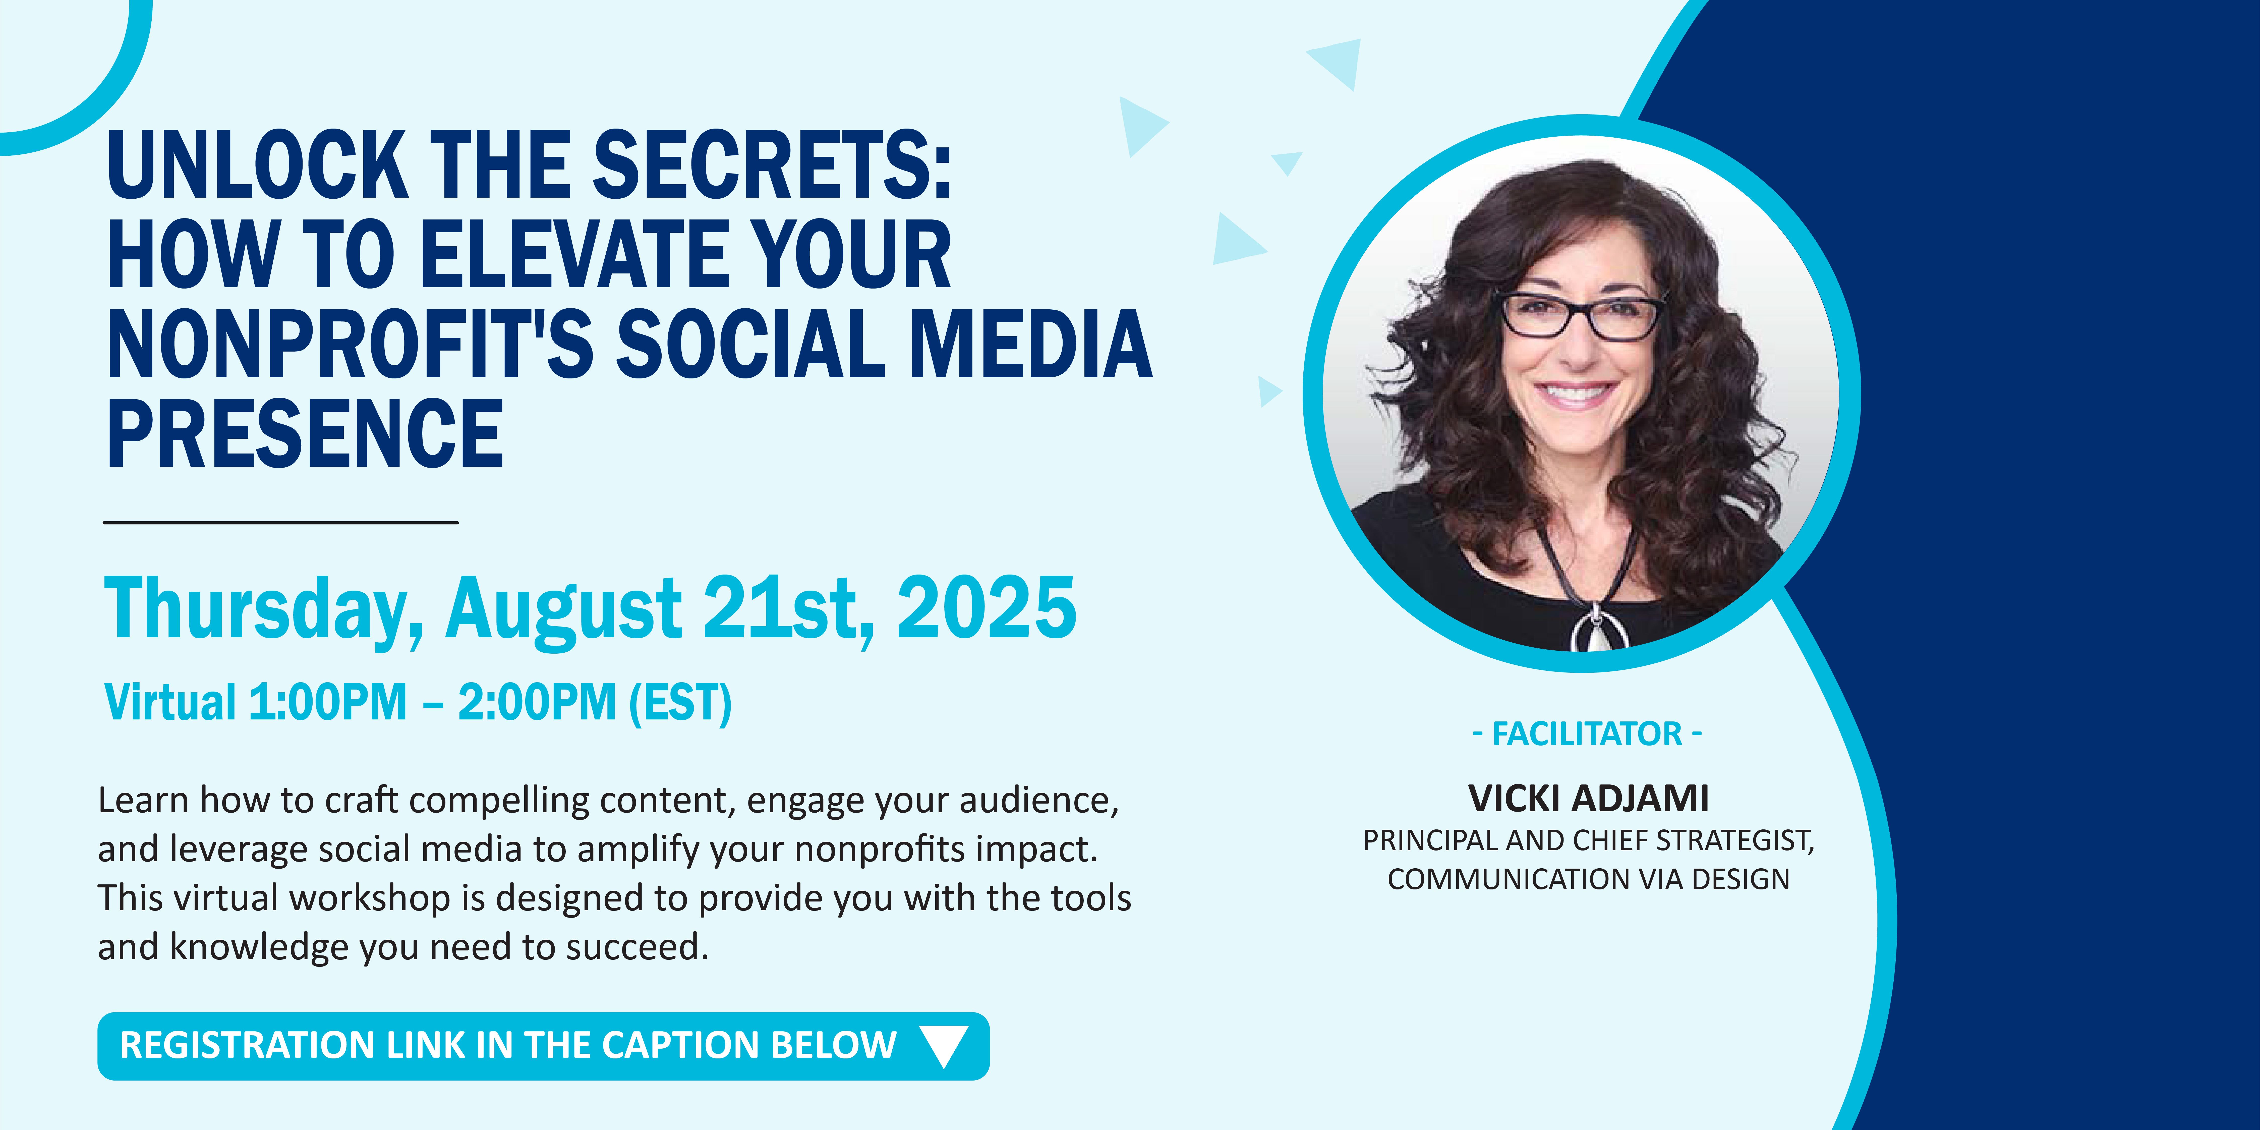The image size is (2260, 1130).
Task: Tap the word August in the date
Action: (563, 611)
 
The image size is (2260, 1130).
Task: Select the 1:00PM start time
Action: (328, 703)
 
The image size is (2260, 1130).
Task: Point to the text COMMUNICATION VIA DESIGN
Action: (1588, 879)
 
